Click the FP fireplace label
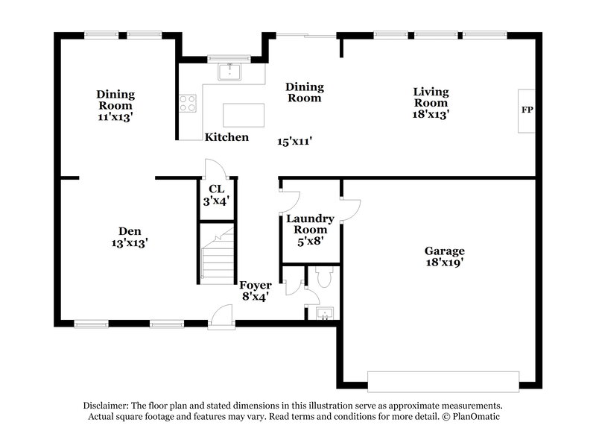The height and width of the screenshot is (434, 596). [x=527, y=110]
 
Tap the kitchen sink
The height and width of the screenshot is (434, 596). [x=229, y=72]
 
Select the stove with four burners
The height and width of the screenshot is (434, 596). [x=187, y=103]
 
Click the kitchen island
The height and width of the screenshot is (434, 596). [x=244, y=116]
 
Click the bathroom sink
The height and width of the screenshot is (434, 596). [x=324, y=312]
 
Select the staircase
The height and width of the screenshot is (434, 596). [x=218, y=256]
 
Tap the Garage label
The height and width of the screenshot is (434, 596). [x=445, y=251]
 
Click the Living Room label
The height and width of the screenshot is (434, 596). [x=431, y=98]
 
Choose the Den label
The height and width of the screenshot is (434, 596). [x=130, y=231]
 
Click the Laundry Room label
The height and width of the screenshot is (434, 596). [x=310, y=224]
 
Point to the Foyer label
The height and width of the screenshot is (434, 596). [x=255, y=285]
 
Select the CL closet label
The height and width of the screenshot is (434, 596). [x=217, y=189]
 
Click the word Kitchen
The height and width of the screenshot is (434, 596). [x=226, y=137]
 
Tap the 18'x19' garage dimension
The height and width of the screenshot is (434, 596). [x=445, y=262]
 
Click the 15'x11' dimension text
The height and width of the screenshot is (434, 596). [x=294, y=141]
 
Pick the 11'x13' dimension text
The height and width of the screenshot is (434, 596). [x=115, y=117]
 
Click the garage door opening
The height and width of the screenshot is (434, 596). [x=443, y=380]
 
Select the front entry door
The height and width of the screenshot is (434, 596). [x=221, y=319]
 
